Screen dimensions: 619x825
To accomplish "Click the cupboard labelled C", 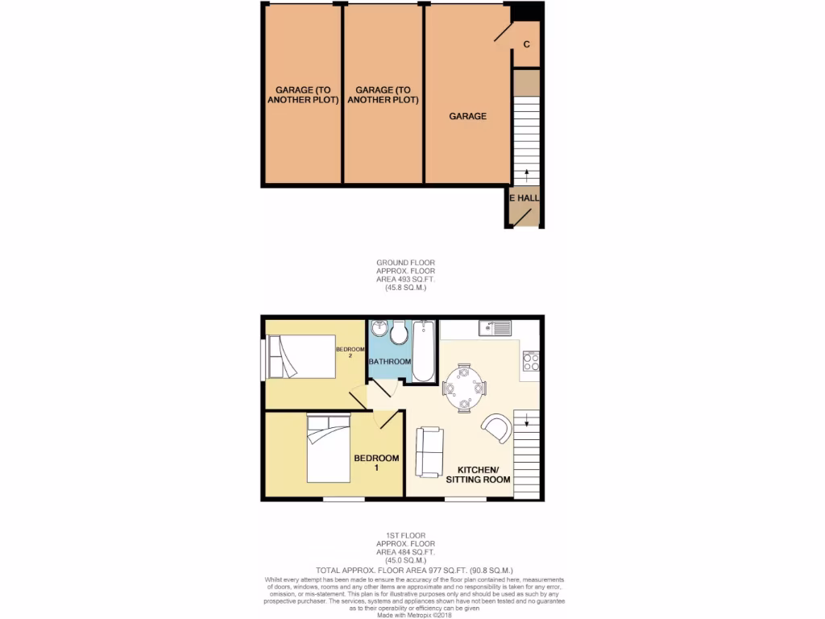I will (x=526, y=44).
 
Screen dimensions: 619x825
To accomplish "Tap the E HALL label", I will (x=524, y=197).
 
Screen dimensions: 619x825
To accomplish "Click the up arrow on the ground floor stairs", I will (x=527, y=173).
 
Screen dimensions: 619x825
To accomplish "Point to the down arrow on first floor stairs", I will (x=527, y=419).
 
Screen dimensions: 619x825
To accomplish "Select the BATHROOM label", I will (x=390, y=362).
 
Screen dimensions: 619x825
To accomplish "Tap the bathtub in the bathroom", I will (x=424, y=351).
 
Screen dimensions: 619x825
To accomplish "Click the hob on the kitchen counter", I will (x=530, y=362).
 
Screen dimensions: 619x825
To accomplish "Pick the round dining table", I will (x=464, y=388).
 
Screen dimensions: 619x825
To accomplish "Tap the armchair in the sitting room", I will (x=497, y=428).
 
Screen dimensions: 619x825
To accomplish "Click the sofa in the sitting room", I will (x=429, y=451).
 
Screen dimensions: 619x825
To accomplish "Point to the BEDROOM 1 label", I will (x=376, y=463).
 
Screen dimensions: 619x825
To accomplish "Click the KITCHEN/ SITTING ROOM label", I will (x=483, y=474).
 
